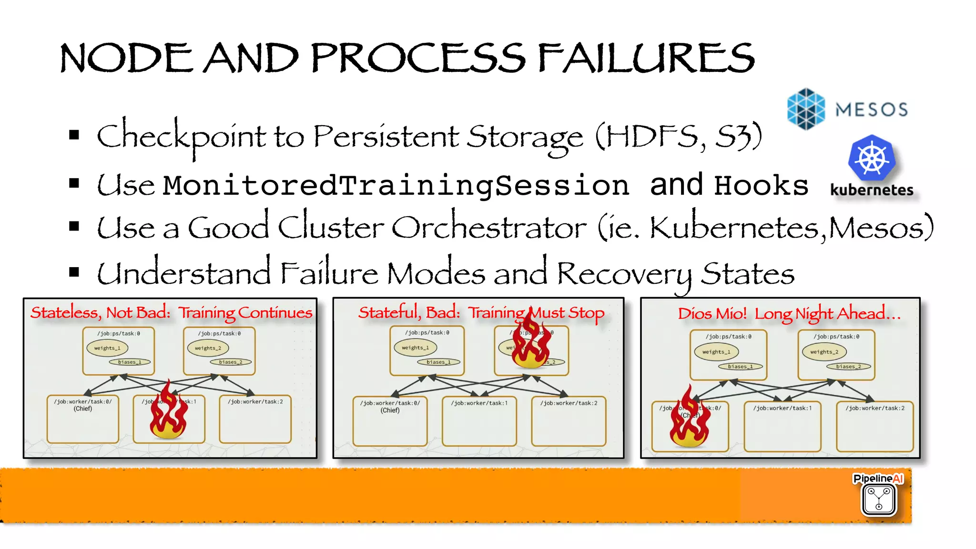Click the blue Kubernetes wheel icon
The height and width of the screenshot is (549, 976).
pos(872,158)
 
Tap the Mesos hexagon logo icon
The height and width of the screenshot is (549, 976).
pos(805,109)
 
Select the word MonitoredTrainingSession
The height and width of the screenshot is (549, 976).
pos(396,185)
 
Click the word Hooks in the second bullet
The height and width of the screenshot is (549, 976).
pos(761,185)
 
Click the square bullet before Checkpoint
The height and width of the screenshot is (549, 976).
pos(74,135)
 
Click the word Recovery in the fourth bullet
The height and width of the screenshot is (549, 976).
pos(624,274)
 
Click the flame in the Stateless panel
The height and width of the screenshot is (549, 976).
pos(168,412)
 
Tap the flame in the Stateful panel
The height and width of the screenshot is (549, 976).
pos(530,342)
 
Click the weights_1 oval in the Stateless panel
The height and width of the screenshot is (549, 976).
pos(107,348)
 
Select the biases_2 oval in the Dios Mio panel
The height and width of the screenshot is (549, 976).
pos(848,367)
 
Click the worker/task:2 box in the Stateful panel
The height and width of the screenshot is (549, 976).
pos(569,421)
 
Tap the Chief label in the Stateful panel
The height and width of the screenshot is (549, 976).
pos(390,410)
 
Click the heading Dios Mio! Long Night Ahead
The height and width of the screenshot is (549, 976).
pos(789,313)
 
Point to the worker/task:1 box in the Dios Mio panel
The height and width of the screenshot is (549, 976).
pos(782,427)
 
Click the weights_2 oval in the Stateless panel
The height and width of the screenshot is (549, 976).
pos(208,348)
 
